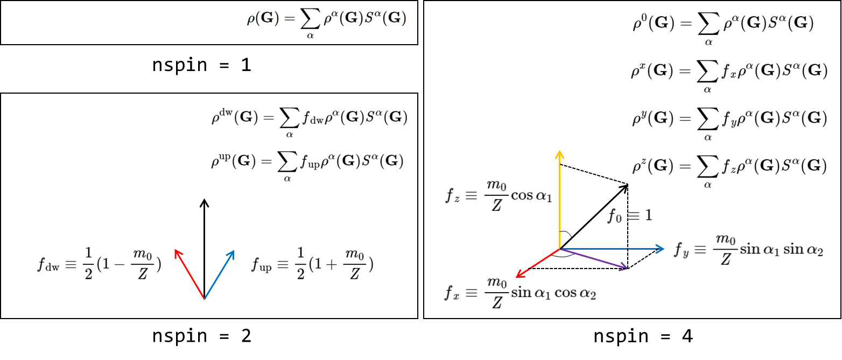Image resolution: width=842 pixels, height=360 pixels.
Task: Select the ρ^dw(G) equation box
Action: [x=311, y=118]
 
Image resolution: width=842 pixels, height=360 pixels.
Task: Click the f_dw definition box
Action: [x=100, y=263]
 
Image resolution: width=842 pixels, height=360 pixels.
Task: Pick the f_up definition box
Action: [x=311, y=263]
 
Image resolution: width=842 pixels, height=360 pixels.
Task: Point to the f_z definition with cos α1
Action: [x=499, y=194]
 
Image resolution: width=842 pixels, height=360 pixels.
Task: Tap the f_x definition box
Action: [x=520, y=292]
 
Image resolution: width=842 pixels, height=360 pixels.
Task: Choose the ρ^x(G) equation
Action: [x=729, y=73]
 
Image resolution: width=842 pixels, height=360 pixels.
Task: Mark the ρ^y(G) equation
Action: [x=729, y=119]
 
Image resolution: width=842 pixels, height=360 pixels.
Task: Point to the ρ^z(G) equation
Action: [x=729, y=167]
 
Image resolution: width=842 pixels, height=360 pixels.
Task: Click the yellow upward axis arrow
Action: [x=560, y=199]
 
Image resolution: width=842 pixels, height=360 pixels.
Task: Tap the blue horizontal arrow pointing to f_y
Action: [x=614, y=249]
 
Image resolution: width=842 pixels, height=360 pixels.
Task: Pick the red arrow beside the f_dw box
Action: [x=189, y=273]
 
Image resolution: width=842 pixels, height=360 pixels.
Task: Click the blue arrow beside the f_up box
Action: [x=220, y=273]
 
